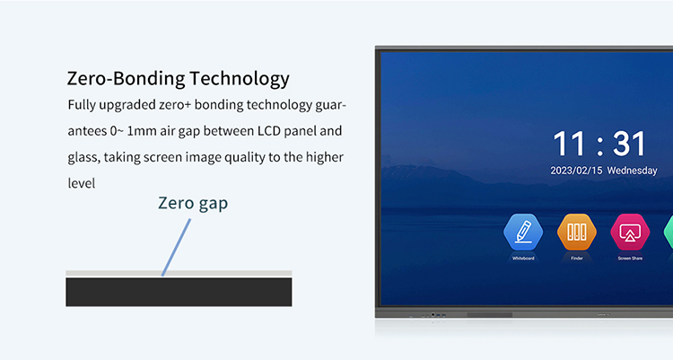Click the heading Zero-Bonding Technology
tap(179, 78)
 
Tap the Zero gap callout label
tap(193, 203)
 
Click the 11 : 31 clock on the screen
tap(599, 144)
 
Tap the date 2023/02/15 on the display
tap(576, 171)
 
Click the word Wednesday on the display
tap(632, 171)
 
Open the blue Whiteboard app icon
tap(523, 233)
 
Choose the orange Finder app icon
tap(576, 233)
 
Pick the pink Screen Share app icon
tap(629, 233)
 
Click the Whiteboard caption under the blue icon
tap(523, 259)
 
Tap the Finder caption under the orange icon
tap(576, 259)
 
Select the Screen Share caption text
tap(629, 259)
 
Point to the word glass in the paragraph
tap(83, 157)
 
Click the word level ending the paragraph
tap(82, 183)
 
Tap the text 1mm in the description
tap(142, 131)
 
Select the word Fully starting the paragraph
tap(83, 105)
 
